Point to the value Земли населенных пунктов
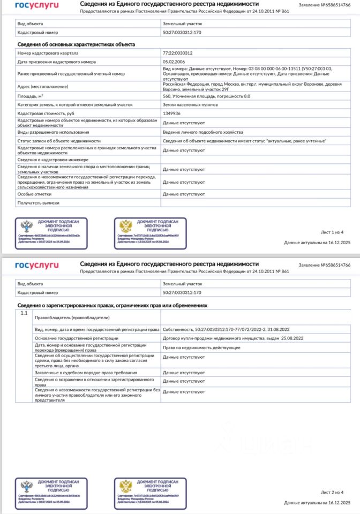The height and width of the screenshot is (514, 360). point(186,105)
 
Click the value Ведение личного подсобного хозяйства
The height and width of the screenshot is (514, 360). point(203,132)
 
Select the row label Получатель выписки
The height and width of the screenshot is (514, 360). point(38,203)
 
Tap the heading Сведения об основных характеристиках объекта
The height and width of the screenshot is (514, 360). point(76,44)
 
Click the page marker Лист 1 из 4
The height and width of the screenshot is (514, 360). point(332,232)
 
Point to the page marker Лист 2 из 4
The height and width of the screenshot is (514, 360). point(332,492)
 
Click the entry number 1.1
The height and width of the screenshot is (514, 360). point(24,312)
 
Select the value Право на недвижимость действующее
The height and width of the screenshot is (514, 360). point(201,347)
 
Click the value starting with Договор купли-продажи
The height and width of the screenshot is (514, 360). point(232,338)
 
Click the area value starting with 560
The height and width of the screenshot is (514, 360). point(206,96)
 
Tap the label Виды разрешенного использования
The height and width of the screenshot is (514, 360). point(53,132)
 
